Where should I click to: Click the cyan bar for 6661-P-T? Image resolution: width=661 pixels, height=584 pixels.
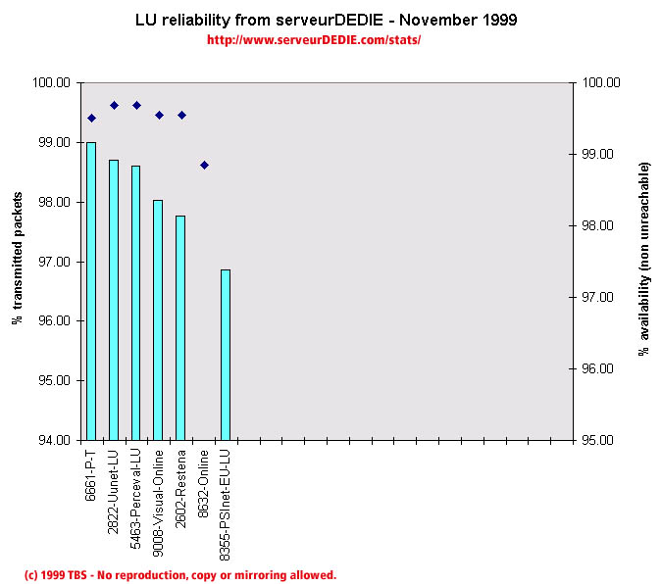pyautogui.click(x=91, y=291)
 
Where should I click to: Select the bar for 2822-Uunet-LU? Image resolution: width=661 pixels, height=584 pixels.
pyautogui.click(x=114, y=300)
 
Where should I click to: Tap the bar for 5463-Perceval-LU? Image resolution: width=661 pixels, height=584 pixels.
pyautogui.click(x=135, y=303)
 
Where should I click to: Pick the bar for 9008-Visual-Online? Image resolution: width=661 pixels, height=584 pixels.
pyautogui.click(x=158, y=319)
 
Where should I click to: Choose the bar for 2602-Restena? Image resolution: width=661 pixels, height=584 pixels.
pyautogui.click(x=180, y=327)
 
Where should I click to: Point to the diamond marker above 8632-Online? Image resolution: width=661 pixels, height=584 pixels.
pyautogui.click(x=204, y=165)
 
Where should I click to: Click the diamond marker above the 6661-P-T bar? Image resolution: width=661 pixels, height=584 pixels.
pyautogui.click(x=91, y=118)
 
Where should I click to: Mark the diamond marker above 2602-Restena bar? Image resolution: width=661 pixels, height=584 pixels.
pyautogui.click(x=181, y=115)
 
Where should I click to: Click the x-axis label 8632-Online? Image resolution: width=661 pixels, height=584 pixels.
pyautogui.click(x=204, y=474)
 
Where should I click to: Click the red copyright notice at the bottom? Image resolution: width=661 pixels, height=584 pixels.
pyautogui.click(x=179, y=575)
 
